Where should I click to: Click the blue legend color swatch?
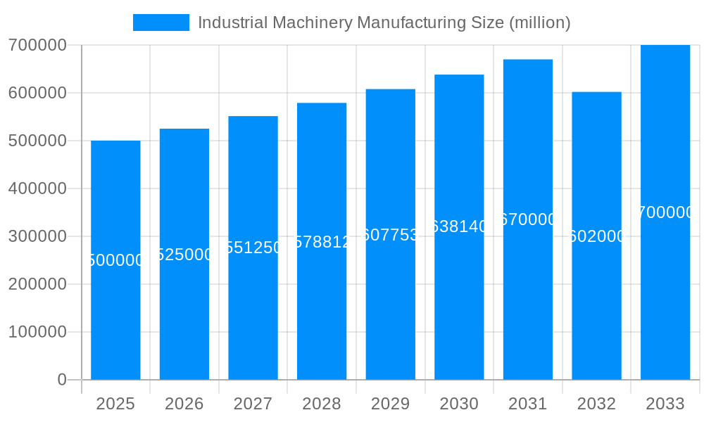click(x=161, y=23)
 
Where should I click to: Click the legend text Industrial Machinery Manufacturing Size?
click(x=384, y=23)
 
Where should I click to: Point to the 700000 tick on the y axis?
click(x=37, y=45)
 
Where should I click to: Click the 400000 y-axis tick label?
click(x=37, y=188)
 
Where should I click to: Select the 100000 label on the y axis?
click(x=37, y=332)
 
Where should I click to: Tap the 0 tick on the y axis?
click(x=61, y=380)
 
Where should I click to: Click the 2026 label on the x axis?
click(x=184, y=404)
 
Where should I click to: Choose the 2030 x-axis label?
click(x=459, y=404)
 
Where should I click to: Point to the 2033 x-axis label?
click(x=665, y=404)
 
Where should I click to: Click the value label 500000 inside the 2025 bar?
click(x=115, y=260)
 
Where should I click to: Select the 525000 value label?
click(x=184, y=255)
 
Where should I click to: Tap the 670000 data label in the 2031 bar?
click(x=528, y=219)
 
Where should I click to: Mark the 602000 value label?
click(x=596, y=236)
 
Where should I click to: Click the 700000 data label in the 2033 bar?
click(x=665, y=212)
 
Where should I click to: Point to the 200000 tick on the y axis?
click(x=37, y=284)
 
